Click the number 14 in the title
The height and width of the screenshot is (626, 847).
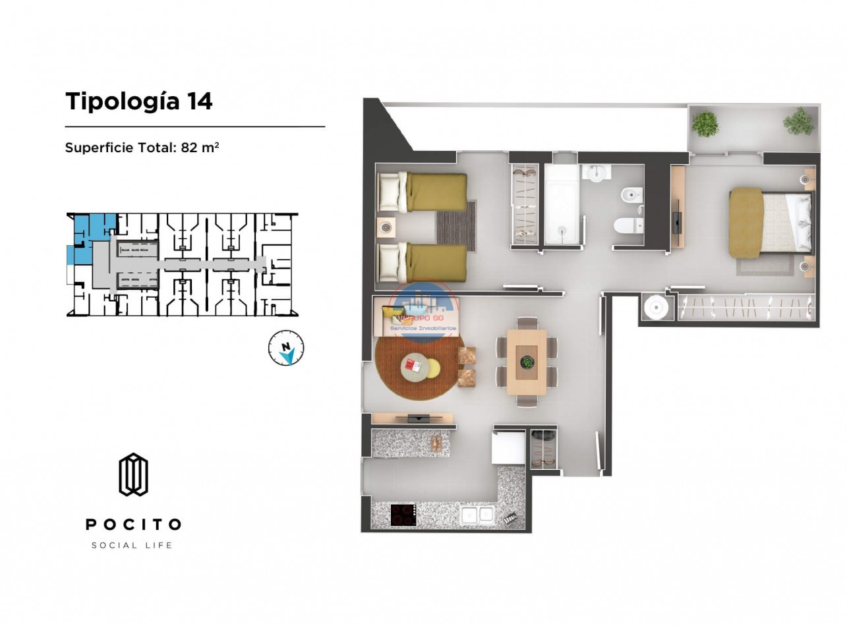point(199,101)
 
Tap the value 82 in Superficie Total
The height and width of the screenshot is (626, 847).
point(189,148)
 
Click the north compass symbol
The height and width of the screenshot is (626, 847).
point(286,347)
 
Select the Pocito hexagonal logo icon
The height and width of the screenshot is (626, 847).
point(133,474)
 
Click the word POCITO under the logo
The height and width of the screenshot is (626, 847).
point(133,525)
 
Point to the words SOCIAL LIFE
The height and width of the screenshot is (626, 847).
point(132,545)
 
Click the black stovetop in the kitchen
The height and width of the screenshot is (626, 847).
point(403,515)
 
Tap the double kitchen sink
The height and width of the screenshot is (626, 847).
point(477,515)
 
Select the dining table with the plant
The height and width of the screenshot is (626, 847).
point(526,362)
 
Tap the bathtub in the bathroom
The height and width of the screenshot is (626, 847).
point(562,204)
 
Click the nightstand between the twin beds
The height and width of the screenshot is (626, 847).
point(386,227)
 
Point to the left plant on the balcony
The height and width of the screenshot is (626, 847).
point(705,125)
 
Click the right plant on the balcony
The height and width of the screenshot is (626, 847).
point(799,122)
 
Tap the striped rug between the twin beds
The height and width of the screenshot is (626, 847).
point(455,226)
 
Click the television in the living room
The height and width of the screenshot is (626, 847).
point(419,418)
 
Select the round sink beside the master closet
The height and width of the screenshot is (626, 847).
point(657,306)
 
